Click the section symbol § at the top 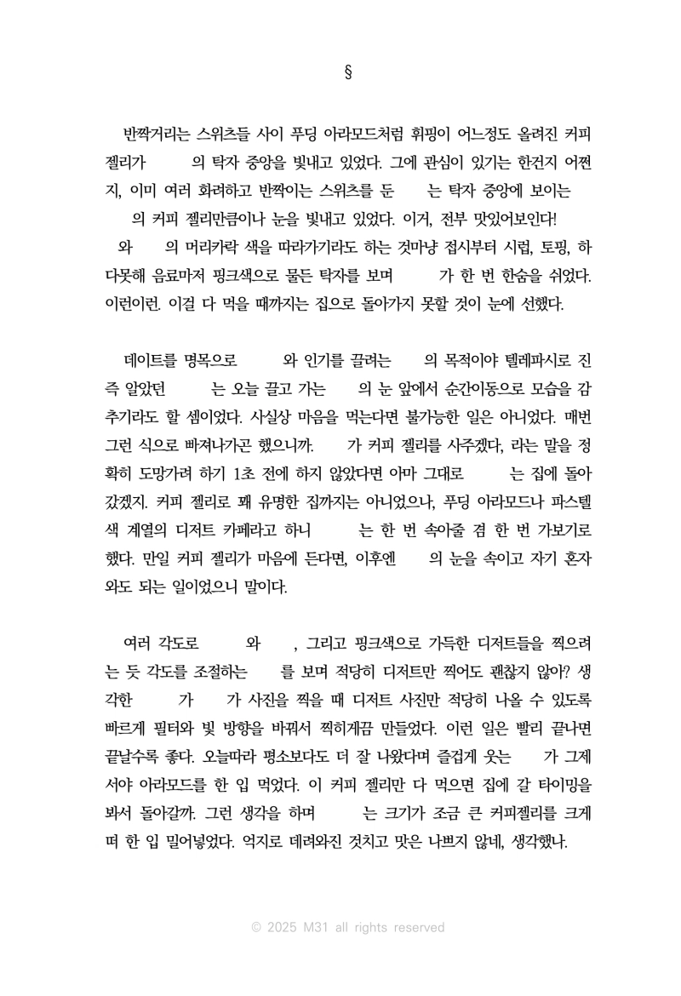(348, 71)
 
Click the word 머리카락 (216, 248)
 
